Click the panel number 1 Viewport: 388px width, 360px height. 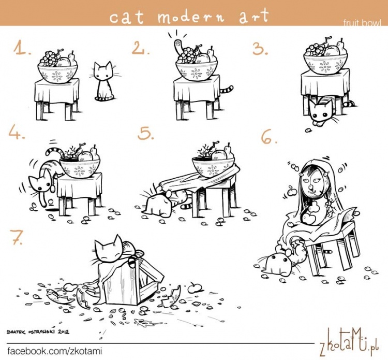22,48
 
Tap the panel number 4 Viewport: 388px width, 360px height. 17,132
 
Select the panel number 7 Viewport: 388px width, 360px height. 17,237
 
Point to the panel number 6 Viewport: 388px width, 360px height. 269,137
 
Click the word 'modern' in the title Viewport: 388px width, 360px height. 191,16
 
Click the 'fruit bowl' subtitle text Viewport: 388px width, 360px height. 362,23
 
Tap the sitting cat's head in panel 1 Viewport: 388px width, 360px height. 103,70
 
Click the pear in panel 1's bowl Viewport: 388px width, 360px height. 72,60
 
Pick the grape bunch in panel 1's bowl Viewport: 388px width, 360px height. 50,59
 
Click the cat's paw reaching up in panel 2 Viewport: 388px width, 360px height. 177,47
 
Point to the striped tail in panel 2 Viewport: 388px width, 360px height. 227,89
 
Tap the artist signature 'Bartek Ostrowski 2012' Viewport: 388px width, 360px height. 38,332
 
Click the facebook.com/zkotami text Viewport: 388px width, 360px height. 55,351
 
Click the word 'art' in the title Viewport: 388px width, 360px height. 254,16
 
